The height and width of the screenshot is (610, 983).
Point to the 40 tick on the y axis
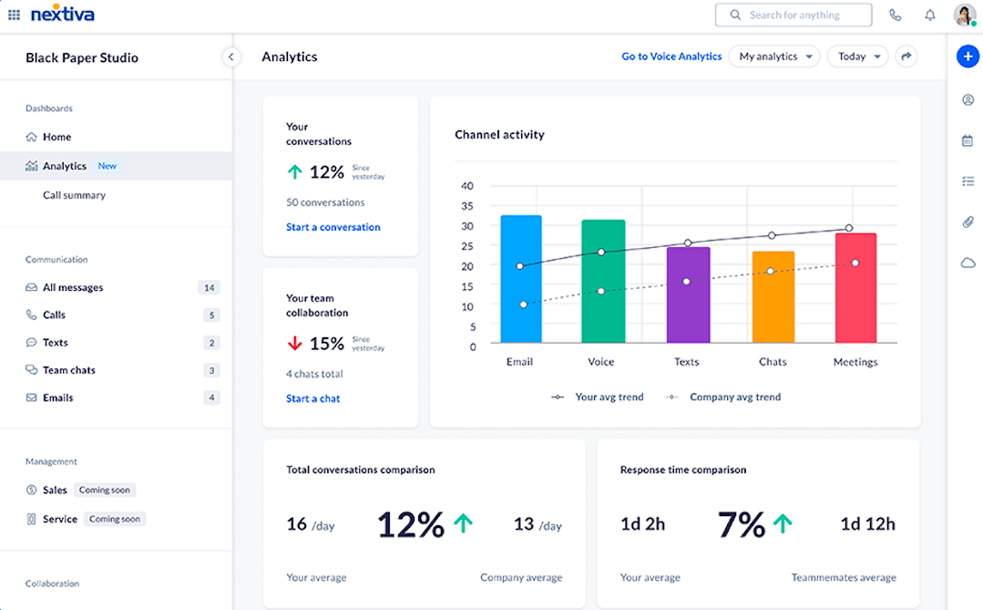tap(467, 186)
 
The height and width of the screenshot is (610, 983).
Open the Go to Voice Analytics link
tap(671, 57)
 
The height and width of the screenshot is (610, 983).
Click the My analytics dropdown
tap(773, 57)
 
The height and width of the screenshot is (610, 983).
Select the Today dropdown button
tap(857, 57)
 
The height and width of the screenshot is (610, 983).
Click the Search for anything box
tap(794, 16)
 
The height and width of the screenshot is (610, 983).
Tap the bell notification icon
tap(930, 16)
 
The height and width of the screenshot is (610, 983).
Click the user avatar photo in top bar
tap(964, 15)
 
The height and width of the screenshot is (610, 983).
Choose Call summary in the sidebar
tap(74, 195)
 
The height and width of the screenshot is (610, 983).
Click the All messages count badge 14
tap(209, 288)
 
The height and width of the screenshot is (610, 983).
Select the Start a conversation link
tap(333, 227)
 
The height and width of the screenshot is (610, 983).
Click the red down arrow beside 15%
tap(294, 344)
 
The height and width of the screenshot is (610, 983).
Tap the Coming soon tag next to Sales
tap(105, 491)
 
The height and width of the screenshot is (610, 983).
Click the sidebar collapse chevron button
tap(230, 57)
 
